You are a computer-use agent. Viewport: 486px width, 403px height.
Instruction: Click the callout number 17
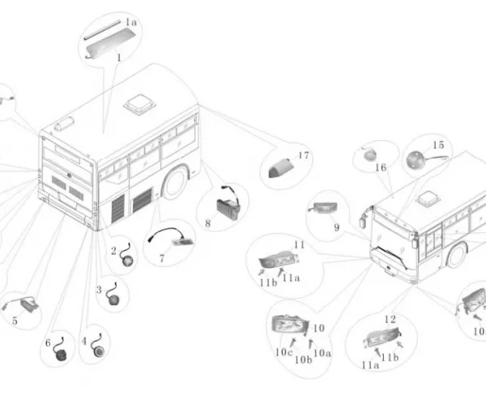click(x=304, y=155)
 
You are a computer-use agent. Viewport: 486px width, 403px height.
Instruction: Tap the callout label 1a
click(x=130, y=23)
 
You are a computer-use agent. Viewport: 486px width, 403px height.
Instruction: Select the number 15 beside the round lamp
click(x=438, y=145)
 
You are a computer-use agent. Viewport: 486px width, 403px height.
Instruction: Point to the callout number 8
click(x=207, y=223)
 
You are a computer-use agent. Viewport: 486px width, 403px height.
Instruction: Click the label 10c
click(x=283, y=353)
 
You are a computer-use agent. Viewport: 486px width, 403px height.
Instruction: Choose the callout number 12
click(x=390, y=319)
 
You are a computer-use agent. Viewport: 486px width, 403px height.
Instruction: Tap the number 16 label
click(x=381, y=168)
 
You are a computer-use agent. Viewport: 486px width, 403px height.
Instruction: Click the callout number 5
click(x=15, y=321)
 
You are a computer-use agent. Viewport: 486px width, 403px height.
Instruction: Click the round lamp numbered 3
click(x=113, y=299)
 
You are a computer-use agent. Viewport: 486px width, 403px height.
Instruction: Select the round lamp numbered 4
click(x=99, y=350)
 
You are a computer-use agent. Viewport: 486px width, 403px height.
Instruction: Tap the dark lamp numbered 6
click(x=59, y=355)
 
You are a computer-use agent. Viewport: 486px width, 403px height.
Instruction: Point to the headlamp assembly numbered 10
click(x=289, y=325)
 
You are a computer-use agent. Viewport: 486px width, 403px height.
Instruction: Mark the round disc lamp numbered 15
click(x=416, y=160)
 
